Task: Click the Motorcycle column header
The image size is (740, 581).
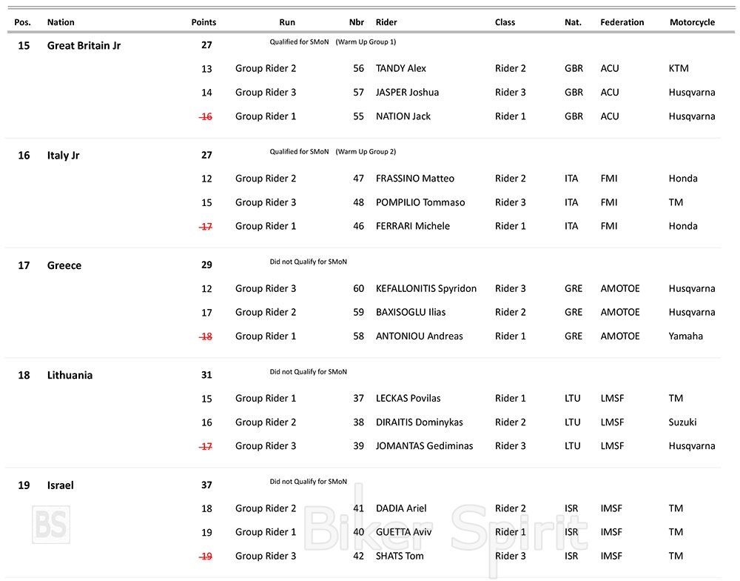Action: [692, 22]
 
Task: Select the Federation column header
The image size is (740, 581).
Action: [622, 22]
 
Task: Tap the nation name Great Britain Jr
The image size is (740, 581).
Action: [84, 45]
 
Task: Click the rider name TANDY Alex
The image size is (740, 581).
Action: [401, 68]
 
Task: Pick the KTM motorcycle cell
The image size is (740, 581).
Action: [678, 68]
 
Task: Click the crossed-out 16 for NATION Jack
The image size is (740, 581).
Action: [206, 116]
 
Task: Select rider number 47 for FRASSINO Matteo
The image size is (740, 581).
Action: [359, 179]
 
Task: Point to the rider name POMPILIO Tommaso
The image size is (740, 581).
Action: [420, 202]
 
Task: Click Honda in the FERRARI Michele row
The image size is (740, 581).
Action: [682, 226]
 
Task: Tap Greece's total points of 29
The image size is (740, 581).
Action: [206, 265]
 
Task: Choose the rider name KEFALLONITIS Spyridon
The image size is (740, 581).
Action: [426, 288]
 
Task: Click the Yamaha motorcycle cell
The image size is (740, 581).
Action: [685, 336]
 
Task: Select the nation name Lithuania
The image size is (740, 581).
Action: [70, 375]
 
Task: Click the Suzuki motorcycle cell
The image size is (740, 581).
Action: [682, 422]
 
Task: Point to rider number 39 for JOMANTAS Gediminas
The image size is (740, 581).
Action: [359, 446]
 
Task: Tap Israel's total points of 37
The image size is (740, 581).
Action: [206, 485]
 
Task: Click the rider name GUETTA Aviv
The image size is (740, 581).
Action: [403, 532]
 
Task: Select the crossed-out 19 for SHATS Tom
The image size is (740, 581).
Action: [206, 556]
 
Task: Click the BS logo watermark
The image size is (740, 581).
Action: [51, 525]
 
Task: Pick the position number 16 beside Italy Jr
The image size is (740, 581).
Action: [24, 156]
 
